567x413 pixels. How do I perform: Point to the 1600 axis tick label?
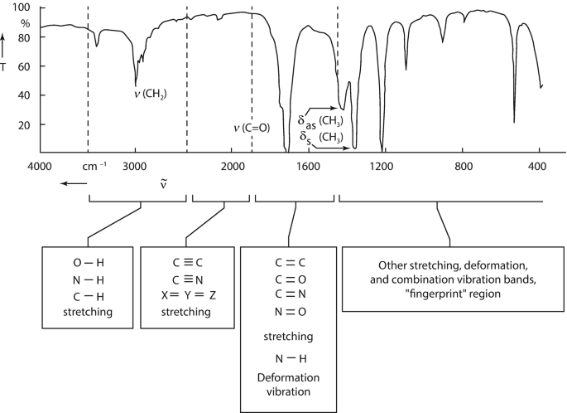307,166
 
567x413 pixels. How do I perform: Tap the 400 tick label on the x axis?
540,166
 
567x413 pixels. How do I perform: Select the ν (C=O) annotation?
252,128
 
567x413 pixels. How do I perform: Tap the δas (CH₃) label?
321,121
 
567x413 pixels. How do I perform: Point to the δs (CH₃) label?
321,137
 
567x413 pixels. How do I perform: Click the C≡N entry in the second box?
188,277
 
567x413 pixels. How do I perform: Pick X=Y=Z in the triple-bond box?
188,294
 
